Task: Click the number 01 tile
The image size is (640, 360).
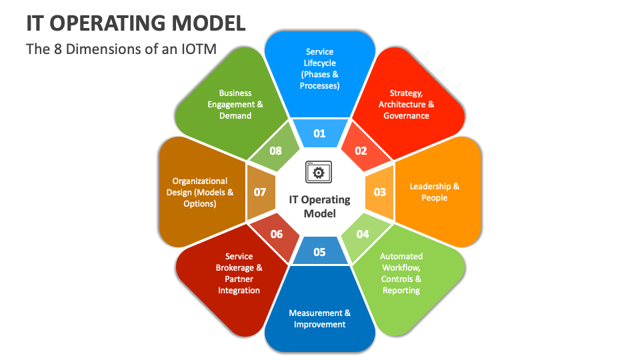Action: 319,133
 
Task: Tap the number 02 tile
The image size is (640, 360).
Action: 361,151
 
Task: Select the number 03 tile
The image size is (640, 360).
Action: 379,192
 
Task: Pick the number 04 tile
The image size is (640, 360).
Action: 362,234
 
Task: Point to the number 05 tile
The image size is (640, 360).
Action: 319,251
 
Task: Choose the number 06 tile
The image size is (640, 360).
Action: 277,234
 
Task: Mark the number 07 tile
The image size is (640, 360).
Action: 259,192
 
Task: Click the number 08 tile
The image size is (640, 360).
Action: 276,151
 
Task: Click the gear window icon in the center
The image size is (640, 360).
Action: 319,172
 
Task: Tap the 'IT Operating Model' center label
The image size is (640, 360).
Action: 319,207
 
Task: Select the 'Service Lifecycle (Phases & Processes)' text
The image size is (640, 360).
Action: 319,69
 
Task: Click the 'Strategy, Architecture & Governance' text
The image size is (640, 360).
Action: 406,105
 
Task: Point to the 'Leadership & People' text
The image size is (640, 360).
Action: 434,192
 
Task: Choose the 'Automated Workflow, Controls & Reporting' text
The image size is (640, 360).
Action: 401,273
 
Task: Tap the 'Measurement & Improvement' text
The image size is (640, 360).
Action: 319,319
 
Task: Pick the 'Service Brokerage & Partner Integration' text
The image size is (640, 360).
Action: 239,273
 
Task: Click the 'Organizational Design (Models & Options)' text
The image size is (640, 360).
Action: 200,192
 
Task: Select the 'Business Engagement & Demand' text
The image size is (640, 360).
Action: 235,105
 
